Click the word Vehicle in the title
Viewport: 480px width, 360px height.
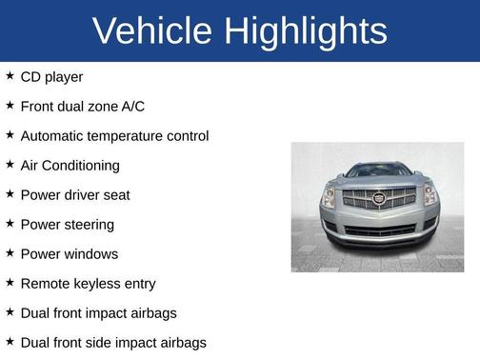(152, 31)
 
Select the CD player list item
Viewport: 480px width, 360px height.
(51, 76)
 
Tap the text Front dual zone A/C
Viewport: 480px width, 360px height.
(82, 106)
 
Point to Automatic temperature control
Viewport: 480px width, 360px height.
(114, 136)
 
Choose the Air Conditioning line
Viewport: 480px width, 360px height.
(70, 166)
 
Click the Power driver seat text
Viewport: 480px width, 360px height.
(74, 195)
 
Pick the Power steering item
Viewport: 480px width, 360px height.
(67, 225)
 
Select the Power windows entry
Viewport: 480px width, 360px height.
(69, 254)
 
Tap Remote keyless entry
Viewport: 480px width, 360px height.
(88, 284)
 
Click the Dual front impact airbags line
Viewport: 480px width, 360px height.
(98, 312)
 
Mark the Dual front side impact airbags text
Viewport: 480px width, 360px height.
(112, 342)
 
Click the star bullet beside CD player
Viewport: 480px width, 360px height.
(10, 75)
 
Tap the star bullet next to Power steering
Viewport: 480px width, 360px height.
(10, 224)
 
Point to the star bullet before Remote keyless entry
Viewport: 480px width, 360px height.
(10, 283)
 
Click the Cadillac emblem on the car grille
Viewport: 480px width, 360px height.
(378, 199)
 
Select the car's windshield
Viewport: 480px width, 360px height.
(378, 171)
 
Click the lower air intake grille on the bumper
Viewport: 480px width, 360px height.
(378, 230)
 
